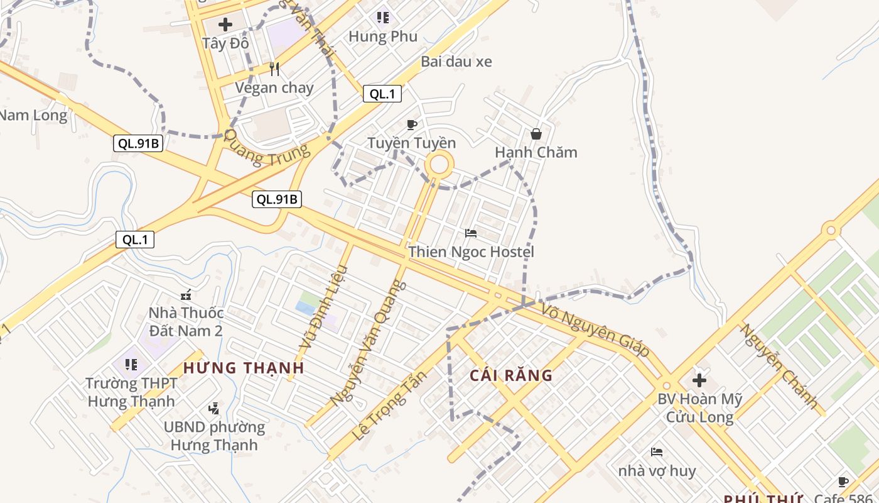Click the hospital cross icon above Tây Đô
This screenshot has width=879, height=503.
[x=225, y=25]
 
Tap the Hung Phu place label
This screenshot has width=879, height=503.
[x=382, y=36]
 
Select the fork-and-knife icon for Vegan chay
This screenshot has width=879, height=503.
[x=274, y=69]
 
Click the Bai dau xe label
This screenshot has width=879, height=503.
[x=456, y=62]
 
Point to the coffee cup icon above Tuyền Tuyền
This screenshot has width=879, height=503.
[x=411, y=124]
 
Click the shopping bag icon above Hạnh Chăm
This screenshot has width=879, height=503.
[x=536, y=134]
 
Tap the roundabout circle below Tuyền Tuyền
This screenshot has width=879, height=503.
[x=439, y=165]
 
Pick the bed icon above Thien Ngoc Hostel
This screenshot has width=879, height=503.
[x=471, y=233]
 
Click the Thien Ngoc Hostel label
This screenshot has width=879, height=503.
[x=471, y=252]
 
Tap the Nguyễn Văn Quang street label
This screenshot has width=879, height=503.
[x=369, y=343]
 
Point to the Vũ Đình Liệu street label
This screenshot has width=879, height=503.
[x=323, y=308]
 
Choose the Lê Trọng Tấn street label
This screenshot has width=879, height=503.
[x=389, y=406]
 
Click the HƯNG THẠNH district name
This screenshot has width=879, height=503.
[x=244, y=368]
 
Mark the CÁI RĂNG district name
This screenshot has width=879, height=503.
[x=511, y=376]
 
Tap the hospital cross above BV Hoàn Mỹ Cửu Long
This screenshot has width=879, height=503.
[x=699, y=380]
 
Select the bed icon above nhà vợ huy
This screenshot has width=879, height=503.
[x=657, y=452]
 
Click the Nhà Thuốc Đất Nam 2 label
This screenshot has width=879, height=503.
[x=185, y=321]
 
